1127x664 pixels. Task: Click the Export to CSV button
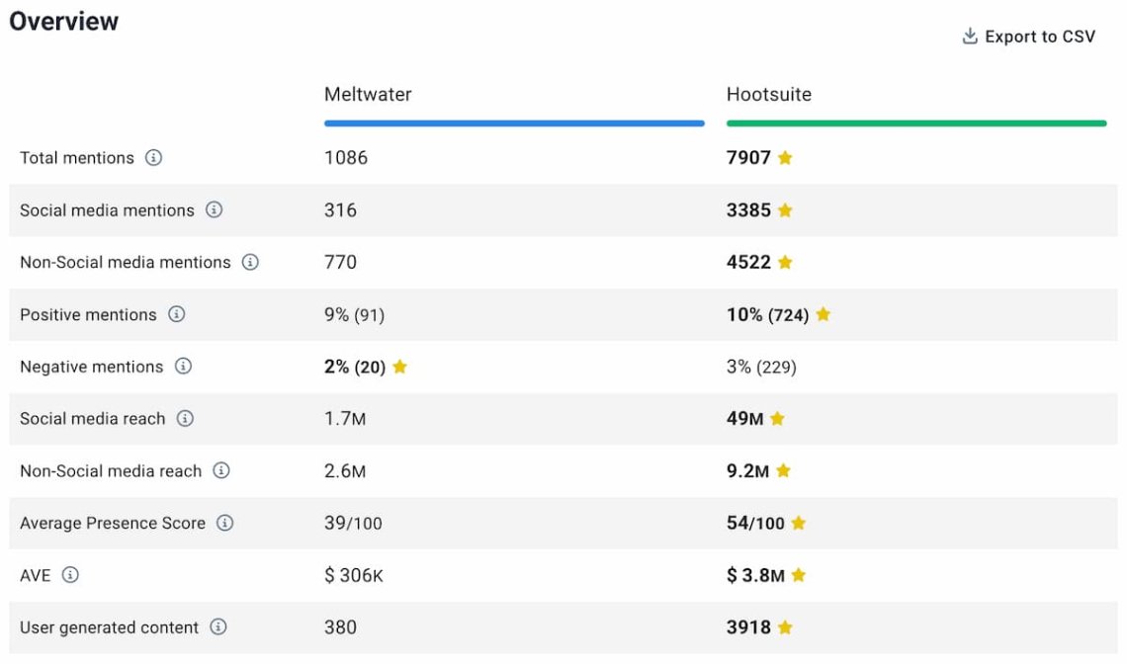click(1029, 37)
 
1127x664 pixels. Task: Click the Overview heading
click(64, 22)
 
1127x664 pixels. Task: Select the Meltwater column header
click(368, 95)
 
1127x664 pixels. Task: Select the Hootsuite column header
click(769, 95)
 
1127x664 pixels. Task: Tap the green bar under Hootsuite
click(916, 124)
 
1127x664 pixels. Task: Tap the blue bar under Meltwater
click(514, 124)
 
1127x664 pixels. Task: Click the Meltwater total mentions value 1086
click(346, 158)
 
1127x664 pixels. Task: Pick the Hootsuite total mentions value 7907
click(748, 158)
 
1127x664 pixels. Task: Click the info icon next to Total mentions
click(153, 158)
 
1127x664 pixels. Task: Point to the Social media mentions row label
click(107, 210)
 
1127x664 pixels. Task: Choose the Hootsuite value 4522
click(748, 262)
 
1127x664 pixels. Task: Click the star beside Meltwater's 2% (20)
click(399, 367)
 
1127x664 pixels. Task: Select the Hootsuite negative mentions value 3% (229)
click(761, 367)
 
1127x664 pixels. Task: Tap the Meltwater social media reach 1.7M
click(345, 419)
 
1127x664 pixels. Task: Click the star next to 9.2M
click(783, 471)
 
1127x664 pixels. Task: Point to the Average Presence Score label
click(113, 523)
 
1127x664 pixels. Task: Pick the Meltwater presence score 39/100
click(353, 523)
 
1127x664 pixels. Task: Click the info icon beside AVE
click(70, 575)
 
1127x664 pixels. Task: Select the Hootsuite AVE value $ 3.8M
click(755, 575)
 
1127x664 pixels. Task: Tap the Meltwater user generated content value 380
click(340, 627)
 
